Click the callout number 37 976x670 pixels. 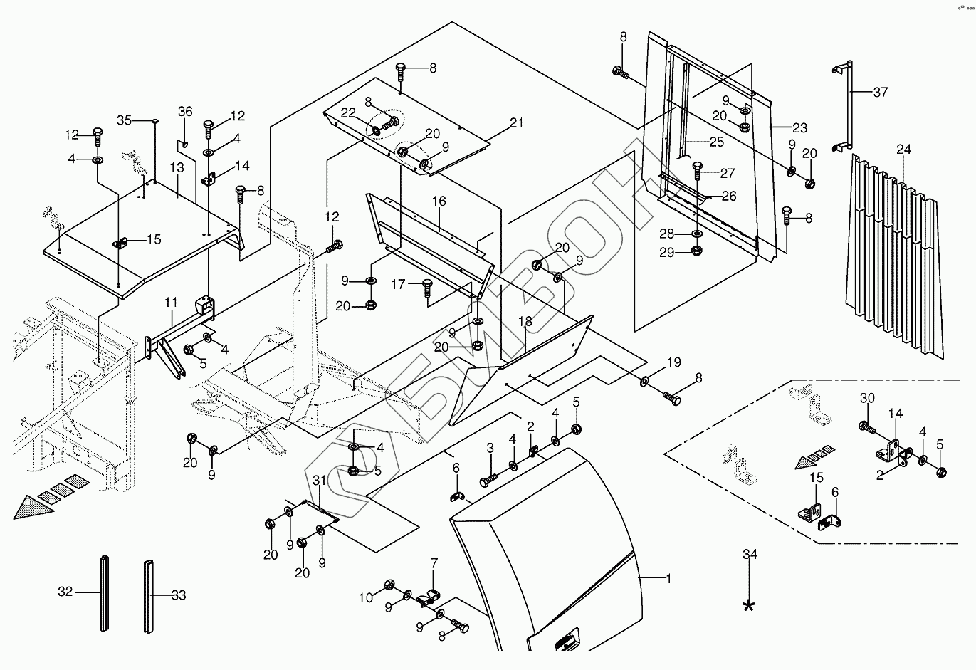[x=880, y=93]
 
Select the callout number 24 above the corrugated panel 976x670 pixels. [x=903, y=150]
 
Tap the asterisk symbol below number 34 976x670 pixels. [x=749, y=605]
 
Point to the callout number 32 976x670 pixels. [x=65, y=592]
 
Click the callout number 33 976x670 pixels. [x=179, y=595]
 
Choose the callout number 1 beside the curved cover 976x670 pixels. [x=668, y=579]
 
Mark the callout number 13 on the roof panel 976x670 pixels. [x=177, y=168]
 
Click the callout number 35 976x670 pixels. [x=124, y=120]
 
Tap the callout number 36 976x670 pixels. [x=185, y=112]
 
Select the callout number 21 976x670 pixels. [x=516, y=123]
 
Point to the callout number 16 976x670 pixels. [x=439, y=201]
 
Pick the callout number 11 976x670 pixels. [x=171, y=302]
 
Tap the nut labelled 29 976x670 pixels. [x=696, y=251]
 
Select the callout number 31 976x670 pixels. [x=319, y=481]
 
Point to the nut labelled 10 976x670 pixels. [x=389, y=584]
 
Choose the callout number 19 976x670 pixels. [x=673, y=362]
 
